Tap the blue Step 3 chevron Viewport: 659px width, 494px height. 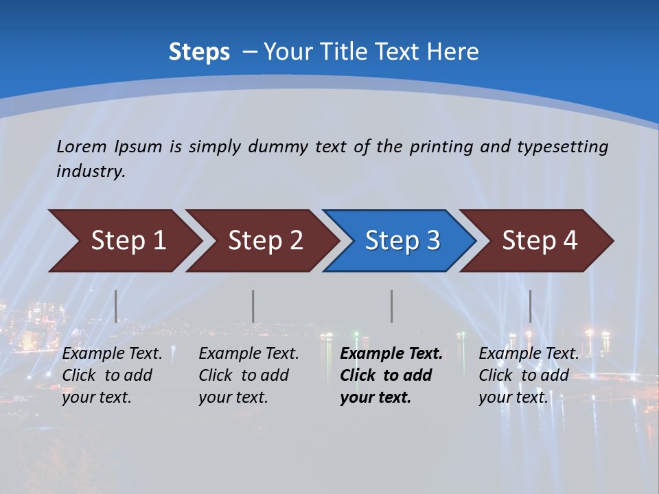coord(402,241)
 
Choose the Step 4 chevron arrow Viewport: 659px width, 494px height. coord(540,241)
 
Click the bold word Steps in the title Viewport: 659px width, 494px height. coord(199,52)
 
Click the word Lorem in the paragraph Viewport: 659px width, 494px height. coord(82,147)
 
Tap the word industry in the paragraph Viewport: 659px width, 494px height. coord(91,172)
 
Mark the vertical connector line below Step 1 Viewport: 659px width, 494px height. coord(116,306)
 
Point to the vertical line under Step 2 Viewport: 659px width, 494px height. coord(253,306)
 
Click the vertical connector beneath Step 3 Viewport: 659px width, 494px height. coord(391,306)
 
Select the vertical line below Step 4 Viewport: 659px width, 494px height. coord(530,306)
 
